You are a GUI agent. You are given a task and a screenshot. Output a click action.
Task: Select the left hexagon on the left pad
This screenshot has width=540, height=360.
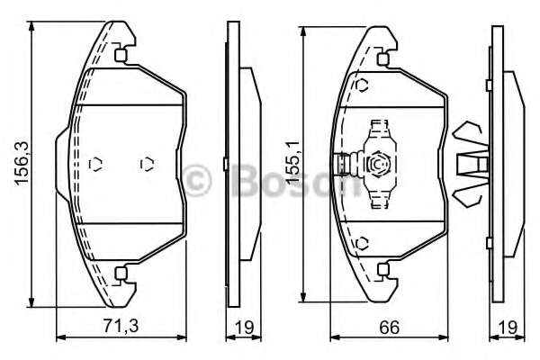point(97,164)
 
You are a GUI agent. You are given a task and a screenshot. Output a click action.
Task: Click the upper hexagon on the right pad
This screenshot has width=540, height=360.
point(362,86)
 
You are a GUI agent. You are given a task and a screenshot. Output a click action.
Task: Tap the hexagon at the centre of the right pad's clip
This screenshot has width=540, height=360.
point(379,165)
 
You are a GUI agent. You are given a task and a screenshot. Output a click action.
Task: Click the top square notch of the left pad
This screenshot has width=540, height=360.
point(121,54)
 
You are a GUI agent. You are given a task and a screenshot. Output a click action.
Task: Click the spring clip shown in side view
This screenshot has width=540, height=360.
point(472,164)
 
